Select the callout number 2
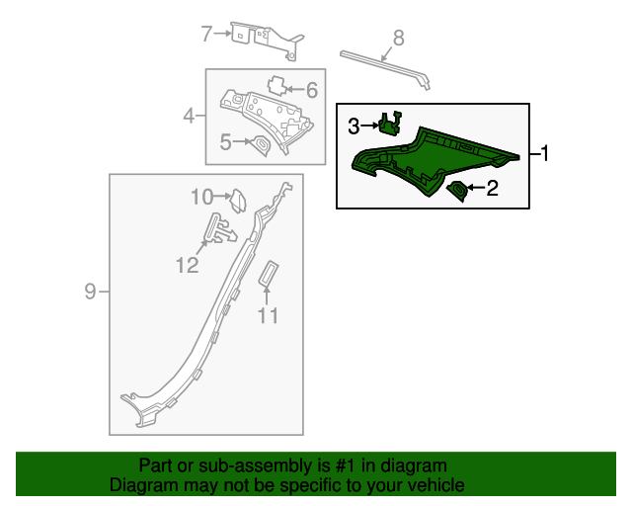[492, 187]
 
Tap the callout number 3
[354, 126]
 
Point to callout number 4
[189, 118]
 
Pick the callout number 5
[226, 142]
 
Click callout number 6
[311, 91]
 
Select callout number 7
[207, 35]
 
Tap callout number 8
[398, 39]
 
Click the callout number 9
[91, 291]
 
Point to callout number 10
[201, 197]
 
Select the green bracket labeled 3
[390, 124]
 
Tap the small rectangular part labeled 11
[268, 274]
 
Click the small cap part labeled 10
[237, 200]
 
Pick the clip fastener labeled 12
[220, 229]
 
